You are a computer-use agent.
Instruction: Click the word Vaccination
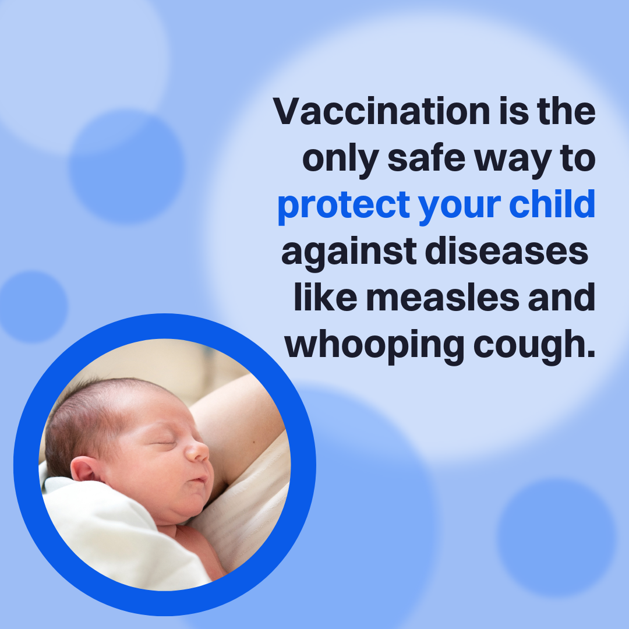[x=381, y=111]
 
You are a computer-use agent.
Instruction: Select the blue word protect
[x=344, y=206]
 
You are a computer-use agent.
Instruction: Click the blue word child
[x=552, y=203]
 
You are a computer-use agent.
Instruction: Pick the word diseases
[x=507, y=250]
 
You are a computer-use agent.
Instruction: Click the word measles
[x=443, y=297]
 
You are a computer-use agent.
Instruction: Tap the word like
[x=326, y=297]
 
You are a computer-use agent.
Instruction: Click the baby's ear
[x=85, y=469]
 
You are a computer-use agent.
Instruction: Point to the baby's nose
[x=198, y=451]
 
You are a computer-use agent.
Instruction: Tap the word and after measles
[x=561, y=297]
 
